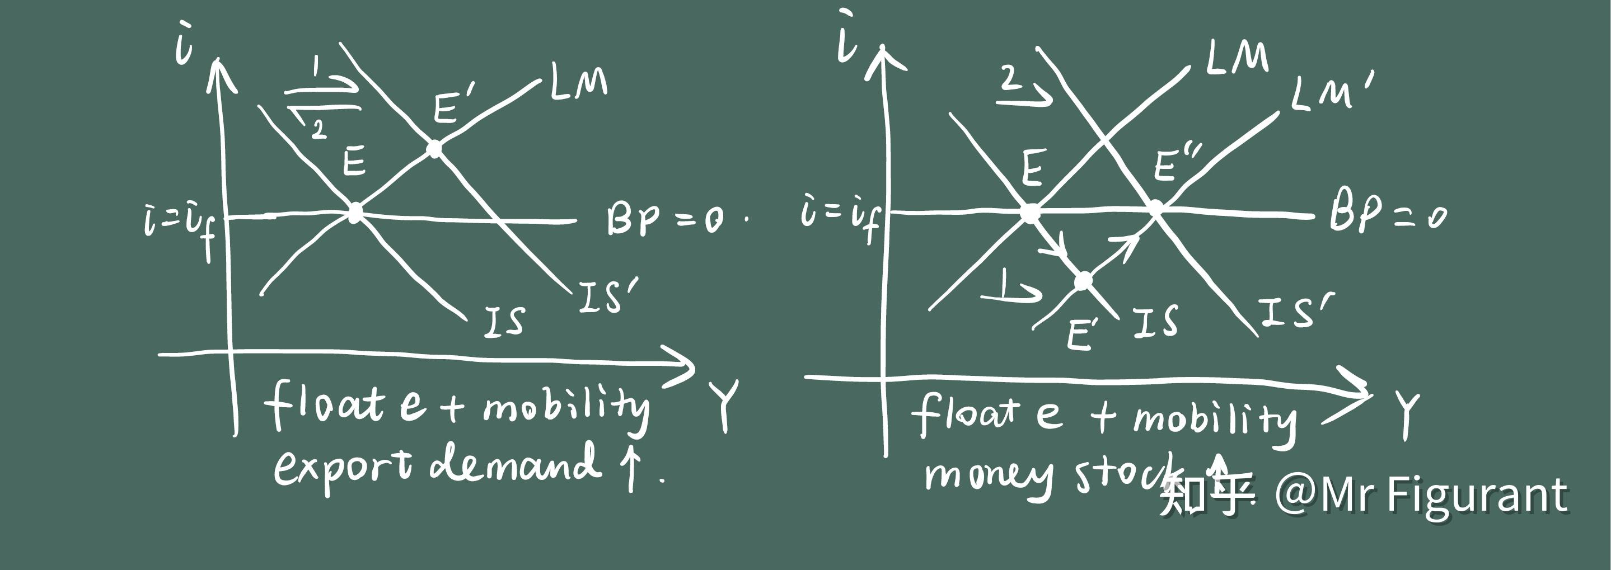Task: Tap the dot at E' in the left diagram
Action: (x=434, y=149)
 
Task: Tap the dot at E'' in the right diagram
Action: (x=1156, y=208)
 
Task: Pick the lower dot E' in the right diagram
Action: (x=1083, y=281)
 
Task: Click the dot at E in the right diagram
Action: (x=1030, y=213)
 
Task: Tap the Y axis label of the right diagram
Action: (x=1406, y=415)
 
